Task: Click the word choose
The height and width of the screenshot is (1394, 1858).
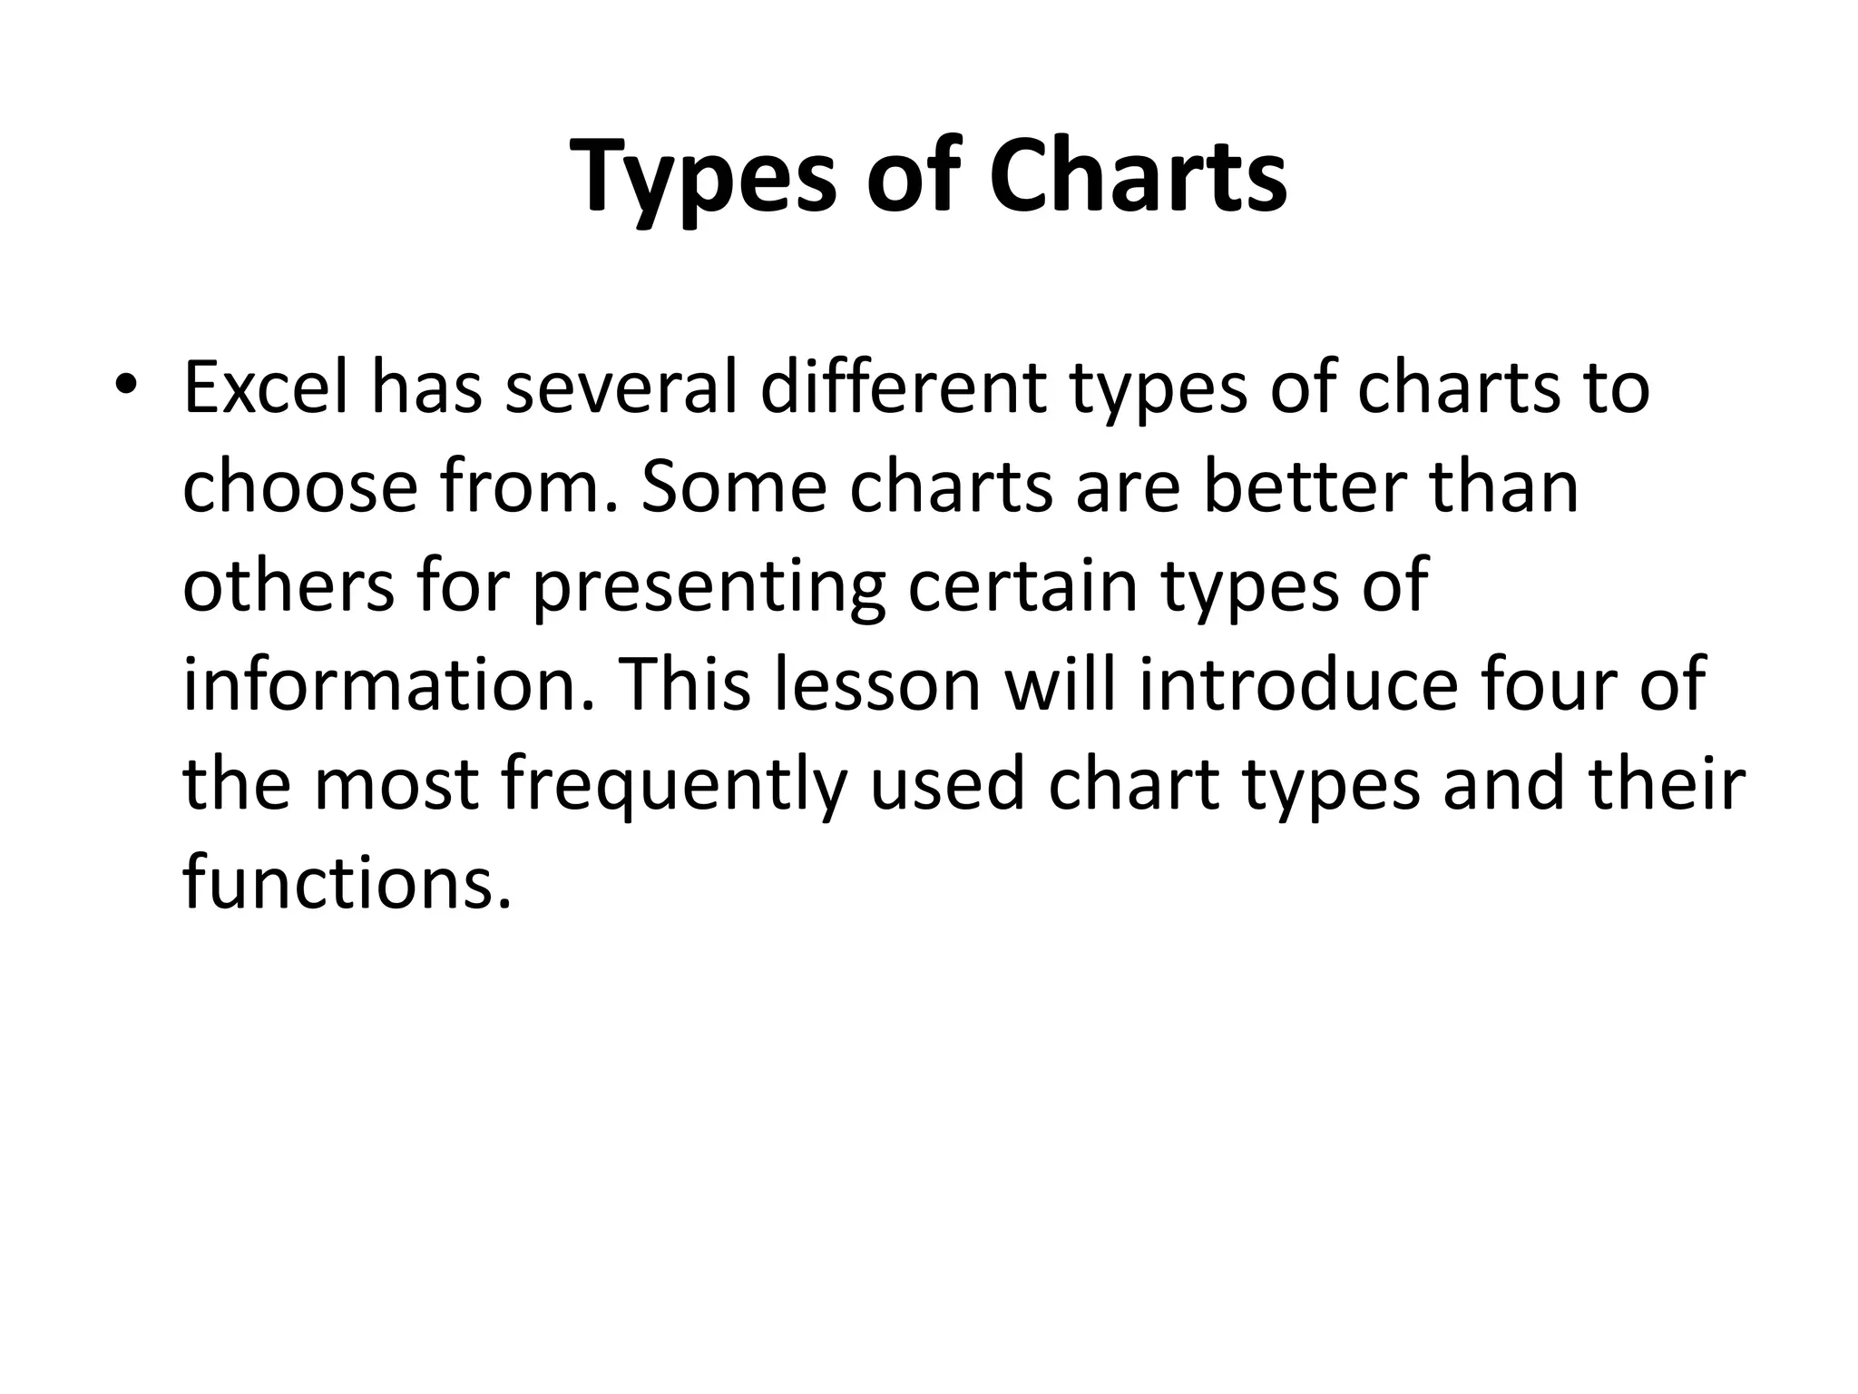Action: tap(300, 487)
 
